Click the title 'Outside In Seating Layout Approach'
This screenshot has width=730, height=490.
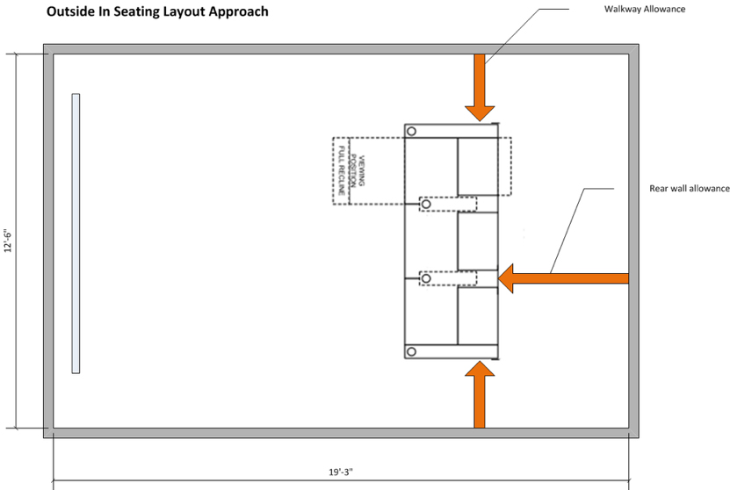[157, 12]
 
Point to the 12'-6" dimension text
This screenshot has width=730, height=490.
[8, 241]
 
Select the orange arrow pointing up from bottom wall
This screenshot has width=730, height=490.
[480, 394]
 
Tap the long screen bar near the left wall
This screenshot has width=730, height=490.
[76, 233]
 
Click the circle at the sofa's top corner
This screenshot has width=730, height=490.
[411, 130]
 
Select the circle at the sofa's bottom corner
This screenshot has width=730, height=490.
[411, 352]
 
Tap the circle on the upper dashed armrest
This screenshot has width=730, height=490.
[426, 205]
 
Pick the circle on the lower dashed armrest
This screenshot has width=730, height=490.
[426, 278]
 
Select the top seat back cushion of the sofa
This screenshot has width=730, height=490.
[477, 167]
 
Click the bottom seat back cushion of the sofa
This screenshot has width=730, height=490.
[477, 316]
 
